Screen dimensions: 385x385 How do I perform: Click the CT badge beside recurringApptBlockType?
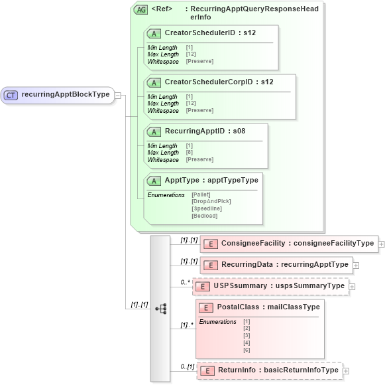tap(11, 95)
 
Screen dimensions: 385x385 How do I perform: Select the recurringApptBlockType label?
tap(66, 95)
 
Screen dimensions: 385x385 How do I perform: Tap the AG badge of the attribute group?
tap(140, 10)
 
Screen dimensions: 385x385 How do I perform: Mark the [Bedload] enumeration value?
tap(204, 216)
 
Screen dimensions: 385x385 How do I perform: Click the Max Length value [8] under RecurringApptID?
tap(190, 153)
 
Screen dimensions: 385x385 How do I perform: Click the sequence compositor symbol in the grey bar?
tap(160, 309)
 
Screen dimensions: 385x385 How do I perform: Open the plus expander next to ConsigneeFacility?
tap(382, 244)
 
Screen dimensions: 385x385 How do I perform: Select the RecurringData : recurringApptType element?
tap(284, 264)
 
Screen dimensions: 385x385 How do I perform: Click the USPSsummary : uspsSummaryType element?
tap(278, 285)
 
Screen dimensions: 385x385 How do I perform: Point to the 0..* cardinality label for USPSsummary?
tap(185, 282)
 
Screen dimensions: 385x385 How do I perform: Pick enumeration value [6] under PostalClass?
tap(247, 350)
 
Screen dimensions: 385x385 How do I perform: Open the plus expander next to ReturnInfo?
tap(345, 370)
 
